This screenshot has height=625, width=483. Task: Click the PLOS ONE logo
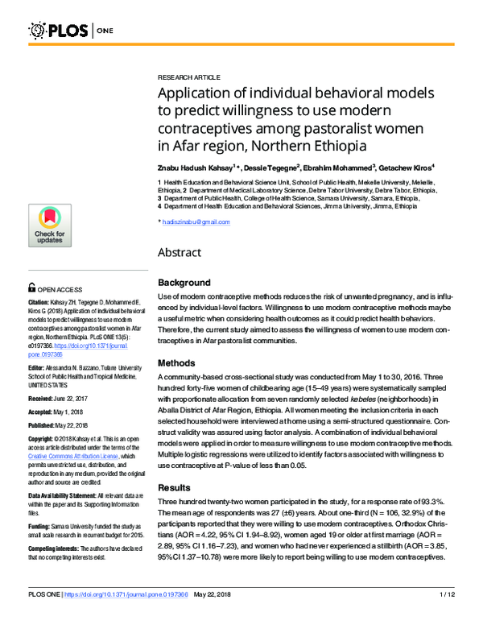[72, 31]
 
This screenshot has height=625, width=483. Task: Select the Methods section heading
[176, 363]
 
